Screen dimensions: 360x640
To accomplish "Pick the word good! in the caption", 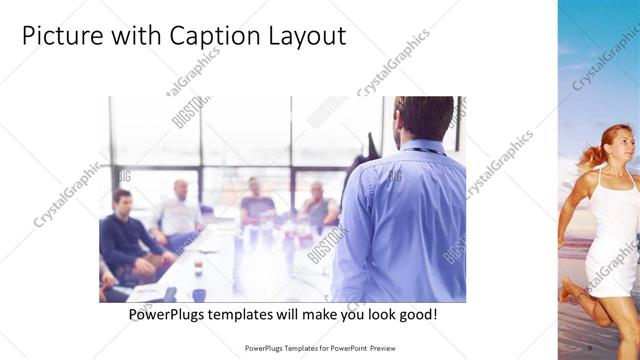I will pos(415,315).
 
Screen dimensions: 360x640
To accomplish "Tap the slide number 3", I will pos(590,348).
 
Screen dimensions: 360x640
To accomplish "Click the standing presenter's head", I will pos(424,118).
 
